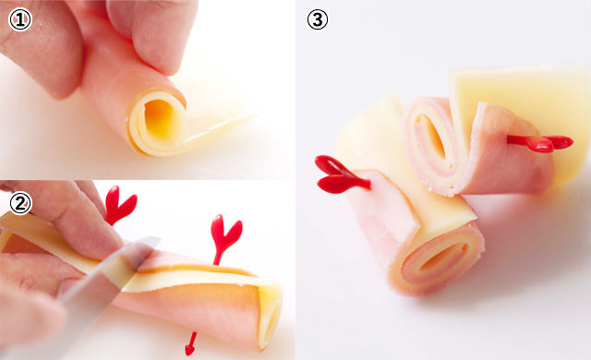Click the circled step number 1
click(18, 19)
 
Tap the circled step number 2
click(18, 201)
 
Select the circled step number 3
click(318, 19)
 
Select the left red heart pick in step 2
click(117, 205)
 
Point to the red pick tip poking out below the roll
click(190, 346)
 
